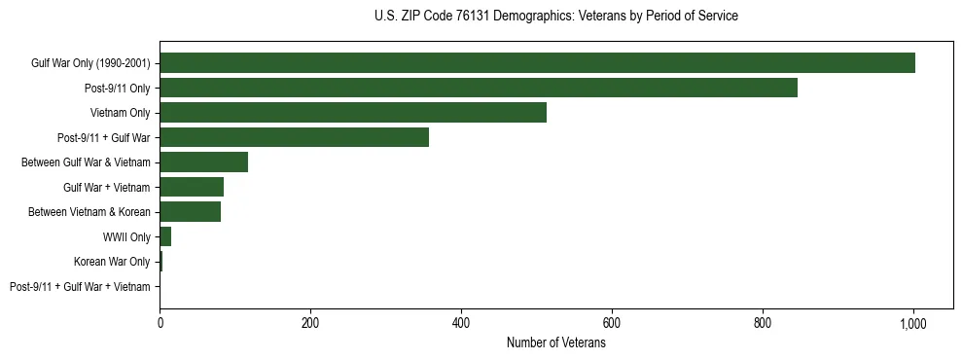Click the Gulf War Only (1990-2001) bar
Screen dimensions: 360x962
[x=537, y=63]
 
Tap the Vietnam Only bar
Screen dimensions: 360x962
[x=353, y=113]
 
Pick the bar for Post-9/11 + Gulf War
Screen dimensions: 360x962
[x=294, y=137]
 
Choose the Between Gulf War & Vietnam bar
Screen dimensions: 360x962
[x=203, y=162]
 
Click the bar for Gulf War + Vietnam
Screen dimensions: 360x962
[x=192, y=187]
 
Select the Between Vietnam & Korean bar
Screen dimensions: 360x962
[x=190, y=212]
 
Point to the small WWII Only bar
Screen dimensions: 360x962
[x=165, y=236]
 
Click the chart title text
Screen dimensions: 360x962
[x=555, y=17]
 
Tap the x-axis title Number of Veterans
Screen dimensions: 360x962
[x=555, y=342]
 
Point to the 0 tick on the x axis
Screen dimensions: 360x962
[x=160, y=323]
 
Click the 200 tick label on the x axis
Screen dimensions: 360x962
[x=310, y=323]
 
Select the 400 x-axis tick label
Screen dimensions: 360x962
[x=461, y=323]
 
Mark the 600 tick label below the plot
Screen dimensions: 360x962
[x=612, y=323]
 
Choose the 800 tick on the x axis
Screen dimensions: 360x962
[x=763, y=323]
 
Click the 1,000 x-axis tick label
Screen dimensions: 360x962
[x=913, y=323]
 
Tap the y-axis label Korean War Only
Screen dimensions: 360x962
[x=112, y=262]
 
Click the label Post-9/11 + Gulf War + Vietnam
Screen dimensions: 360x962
[x=80, y=287]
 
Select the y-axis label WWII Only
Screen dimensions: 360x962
[x=126, y=237]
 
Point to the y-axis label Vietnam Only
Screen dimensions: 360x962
[x=120, y=113]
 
